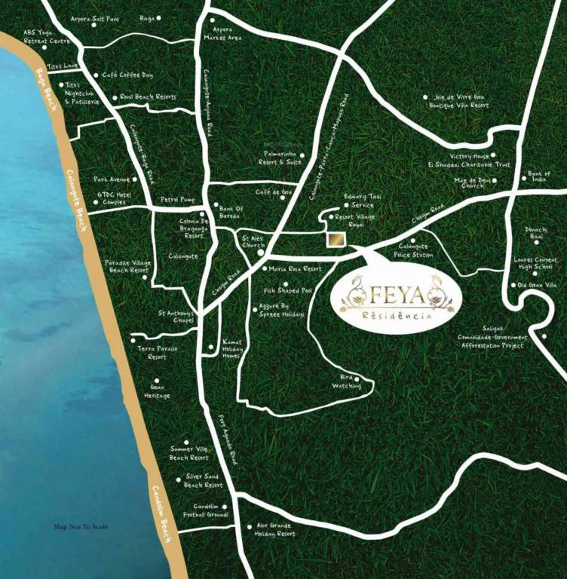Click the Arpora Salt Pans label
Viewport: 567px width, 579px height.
[x=93, y=17]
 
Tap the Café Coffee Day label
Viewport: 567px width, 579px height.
[x=127, y=75]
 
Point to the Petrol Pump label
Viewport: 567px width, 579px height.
[x=177, y=200]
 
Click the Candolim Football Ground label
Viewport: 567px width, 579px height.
[x=205, y=510]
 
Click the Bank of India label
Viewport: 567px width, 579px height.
[x=539, y=176]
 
